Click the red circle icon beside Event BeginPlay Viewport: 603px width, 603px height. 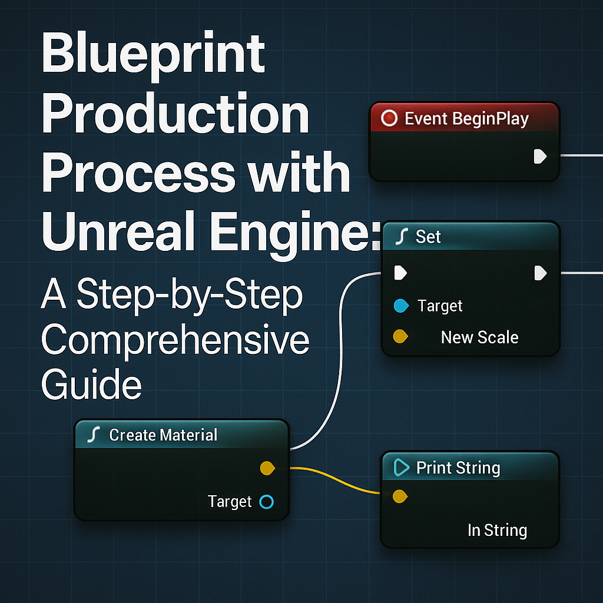pyautogui.click(x=389, y=119)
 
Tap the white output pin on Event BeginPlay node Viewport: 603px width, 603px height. pyautogui.click(x=539, y=156)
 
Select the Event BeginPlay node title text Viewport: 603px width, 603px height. pyautogui.click(x=466, y=119)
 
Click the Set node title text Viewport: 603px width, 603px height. pyautogui.click(x=428, y=237)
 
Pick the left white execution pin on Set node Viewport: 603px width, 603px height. pyautogui.click(x=400, y=273)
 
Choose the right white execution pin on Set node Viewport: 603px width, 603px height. pyautogui.click(x=540, y=273)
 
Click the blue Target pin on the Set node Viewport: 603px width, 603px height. pyautogui.click(x=400, y=306)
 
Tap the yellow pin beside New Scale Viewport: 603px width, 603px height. pyautogui.click(x=400, y=337)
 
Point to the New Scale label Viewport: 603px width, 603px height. pyautogui.click(x=479, y=337)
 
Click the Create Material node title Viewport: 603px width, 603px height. pyautogui.click(x=163, y=435)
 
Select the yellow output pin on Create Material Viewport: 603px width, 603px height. pyautogui.click(x=267, y=469)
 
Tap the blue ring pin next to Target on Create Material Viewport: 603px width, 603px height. pyautogui.click(x=266, y=502)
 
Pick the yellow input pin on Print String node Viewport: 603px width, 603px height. pyautogui.click(x=399, y=496)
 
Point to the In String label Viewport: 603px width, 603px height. pyautogui.click(x=496, y=530)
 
